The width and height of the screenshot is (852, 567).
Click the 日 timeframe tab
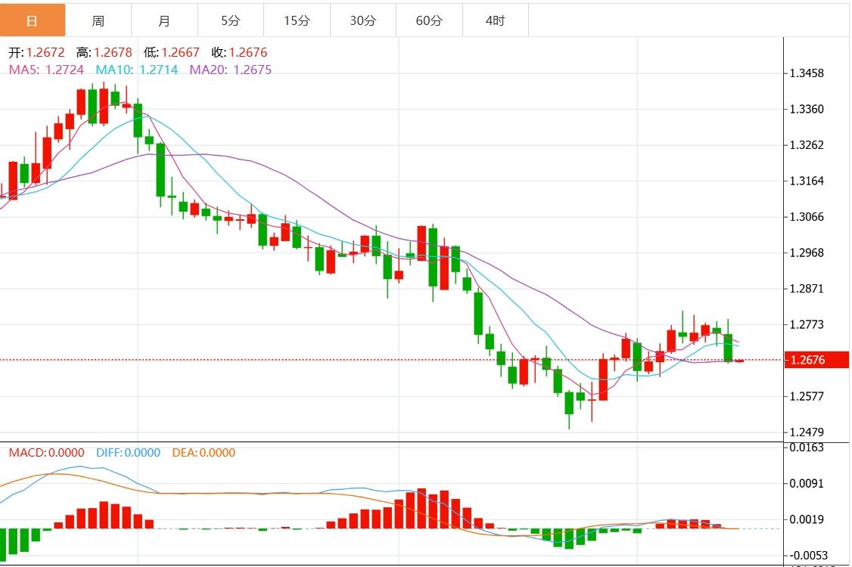(x=32, y=20)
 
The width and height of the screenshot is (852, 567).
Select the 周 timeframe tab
(x=98, y=20)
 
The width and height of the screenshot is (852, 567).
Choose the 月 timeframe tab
(x=165, y=20)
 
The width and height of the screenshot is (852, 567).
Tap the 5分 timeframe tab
(x=231, y=20)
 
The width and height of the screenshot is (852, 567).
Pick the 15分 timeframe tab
(x=297, y=20)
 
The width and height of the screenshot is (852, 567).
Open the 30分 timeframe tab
(x=363, y=20)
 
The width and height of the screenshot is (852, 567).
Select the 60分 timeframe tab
(x=429, y=20)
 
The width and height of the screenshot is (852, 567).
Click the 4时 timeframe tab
(x=495, y=20)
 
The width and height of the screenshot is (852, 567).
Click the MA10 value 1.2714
(x=158, y=70)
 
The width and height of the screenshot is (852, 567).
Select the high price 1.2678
(x=113, y=53)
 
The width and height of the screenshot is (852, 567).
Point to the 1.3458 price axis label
(x=806, y=73)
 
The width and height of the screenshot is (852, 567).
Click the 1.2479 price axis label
(x=806, y=432)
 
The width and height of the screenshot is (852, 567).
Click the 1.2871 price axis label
(x=806, y=289)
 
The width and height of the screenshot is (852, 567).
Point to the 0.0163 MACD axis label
(x=806, y=447)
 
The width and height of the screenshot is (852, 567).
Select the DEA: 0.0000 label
(x=204, y=453)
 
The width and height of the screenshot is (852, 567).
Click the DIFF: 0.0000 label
(x=128, y=453)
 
